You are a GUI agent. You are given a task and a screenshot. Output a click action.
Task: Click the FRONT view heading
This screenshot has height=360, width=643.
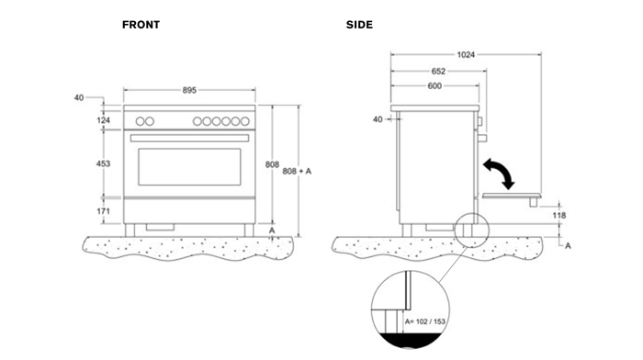141,25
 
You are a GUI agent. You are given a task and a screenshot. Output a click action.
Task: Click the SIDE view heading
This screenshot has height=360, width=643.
359,25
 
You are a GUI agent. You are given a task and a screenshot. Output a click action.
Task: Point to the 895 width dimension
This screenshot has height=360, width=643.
188,90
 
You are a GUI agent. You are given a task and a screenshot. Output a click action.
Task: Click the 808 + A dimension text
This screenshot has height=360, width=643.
299,172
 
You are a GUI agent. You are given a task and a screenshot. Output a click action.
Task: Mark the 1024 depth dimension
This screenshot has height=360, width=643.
467,55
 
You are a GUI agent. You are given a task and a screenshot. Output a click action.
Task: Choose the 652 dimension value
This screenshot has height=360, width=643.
440,71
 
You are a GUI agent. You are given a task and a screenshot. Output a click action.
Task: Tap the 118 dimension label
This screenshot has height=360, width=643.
559,215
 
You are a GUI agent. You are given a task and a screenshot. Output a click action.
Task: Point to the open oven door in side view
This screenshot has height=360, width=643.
511,196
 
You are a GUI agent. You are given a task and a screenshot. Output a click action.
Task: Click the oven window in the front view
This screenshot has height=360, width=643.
188,165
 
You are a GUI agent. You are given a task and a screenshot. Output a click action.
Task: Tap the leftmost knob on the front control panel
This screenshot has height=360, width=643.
141,121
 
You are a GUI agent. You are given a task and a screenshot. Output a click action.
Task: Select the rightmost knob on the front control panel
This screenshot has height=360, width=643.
245,121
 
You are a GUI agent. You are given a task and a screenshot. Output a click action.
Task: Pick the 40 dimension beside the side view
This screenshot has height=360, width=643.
378,119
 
